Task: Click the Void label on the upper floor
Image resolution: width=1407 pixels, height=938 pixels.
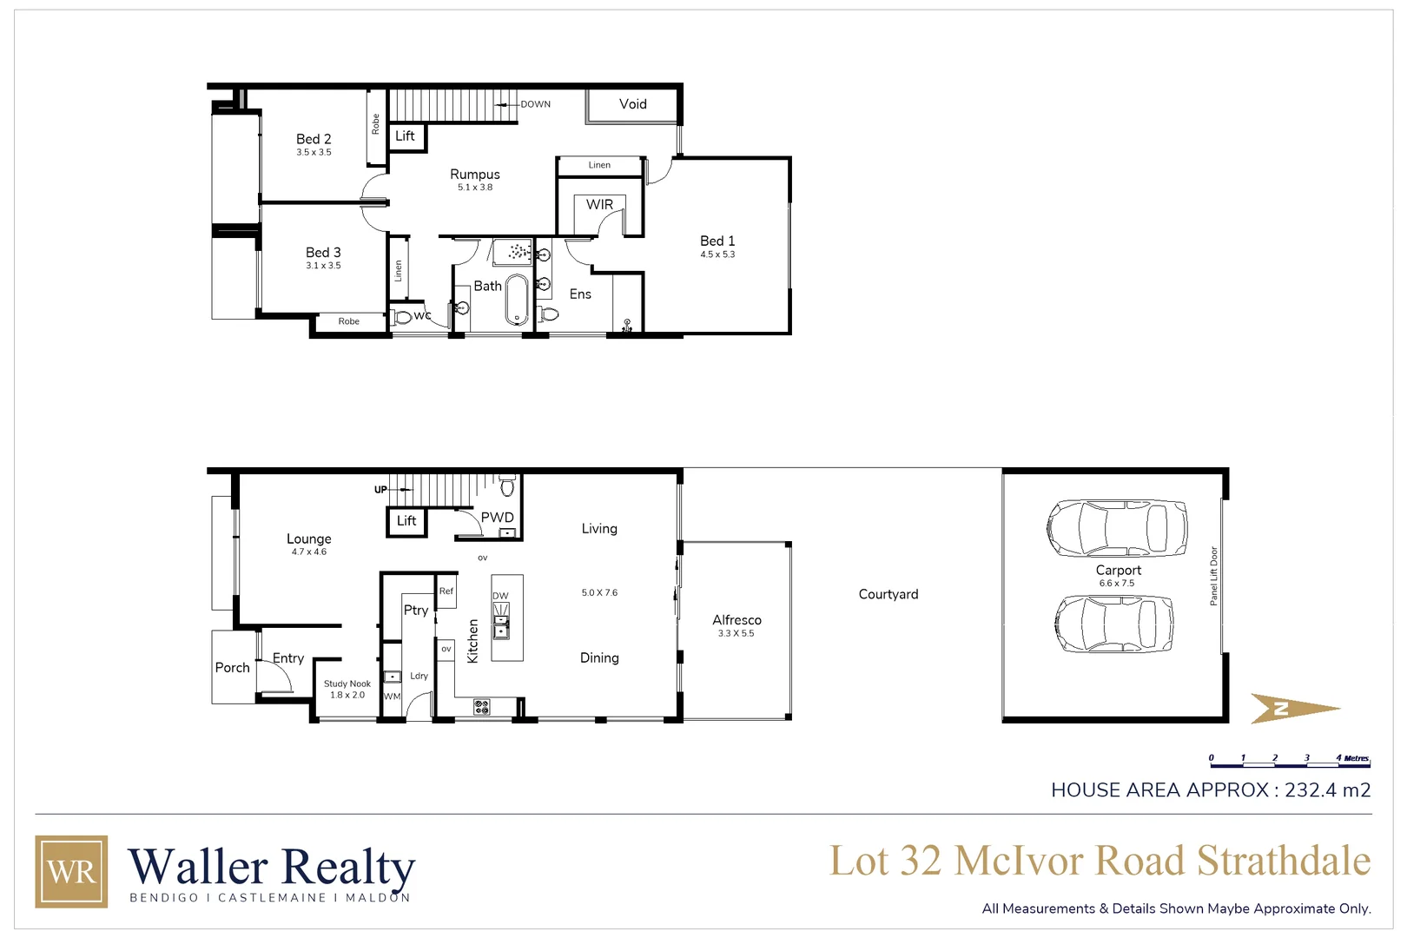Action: [632, 104]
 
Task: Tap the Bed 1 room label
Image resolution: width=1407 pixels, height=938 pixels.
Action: [717, 241]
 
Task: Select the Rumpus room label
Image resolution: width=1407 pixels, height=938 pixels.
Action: [474, 175]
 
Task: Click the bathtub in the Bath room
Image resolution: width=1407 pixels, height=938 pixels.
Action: [517, 300]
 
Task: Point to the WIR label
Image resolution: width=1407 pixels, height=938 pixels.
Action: [599, 205]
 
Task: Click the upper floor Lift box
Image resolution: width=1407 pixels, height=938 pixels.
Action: [406, 136]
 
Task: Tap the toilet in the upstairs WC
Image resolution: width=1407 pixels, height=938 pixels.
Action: [403, 317]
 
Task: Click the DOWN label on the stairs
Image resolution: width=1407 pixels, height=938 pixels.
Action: [535, 104]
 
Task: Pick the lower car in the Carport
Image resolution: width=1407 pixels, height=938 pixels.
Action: [1114, 624]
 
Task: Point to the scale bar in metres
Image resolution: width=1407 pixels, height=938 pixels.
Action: [1289, 761]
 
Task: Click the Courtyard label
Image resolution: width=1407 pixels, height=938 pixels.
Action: [888, 595]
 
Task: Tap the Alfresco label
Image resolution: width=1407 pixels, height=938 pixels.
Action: [737, 620]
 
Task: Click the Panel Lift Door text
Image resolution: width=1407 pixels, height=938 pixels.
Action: [1214, 576]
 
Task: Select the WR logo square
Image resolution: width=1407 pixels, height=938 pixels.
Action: [71, 871]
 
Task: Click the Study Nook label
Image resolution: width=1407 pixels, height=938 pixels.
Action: [347, 684]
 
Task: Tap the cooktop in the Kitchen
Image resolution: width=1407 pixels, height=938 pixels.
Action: [481, 707]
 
